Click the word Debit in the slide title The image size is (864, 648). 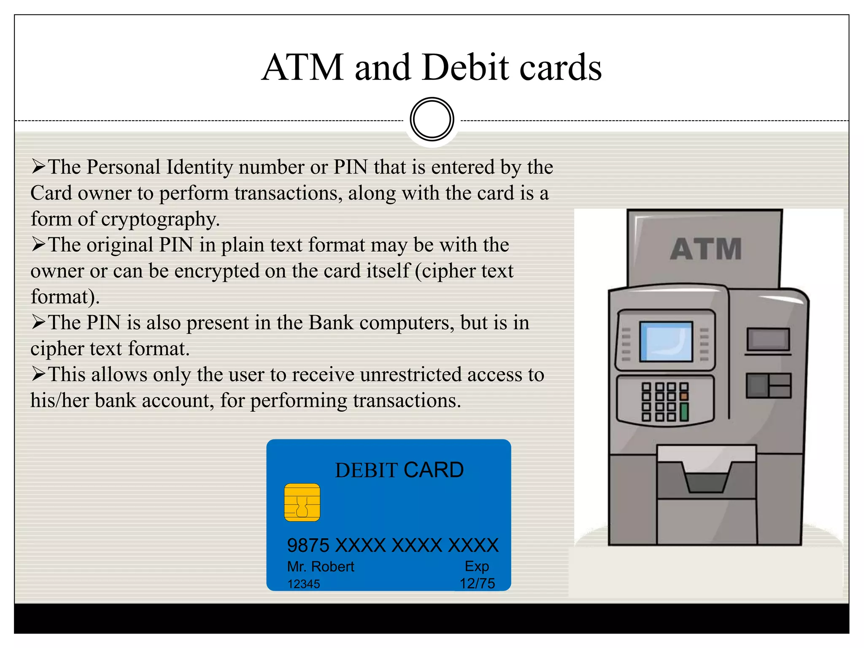pyautogui.click(x=466, y=67)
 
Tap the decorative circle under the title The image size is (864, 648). pyautogui.click(x=432, y=119)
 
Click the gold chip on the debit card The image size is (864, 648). pyautogui.click(x=302, y=502)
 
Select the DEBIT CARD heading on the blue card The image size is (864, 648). pyautogui.click(x=399, y=470)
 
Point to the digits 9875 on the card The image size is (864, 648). pyautogui.click(x=308, y=545)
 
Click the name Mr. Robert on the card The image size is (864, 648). pyautogui.click(x=321, y=567)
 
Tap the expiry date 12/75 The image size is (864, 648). pyautogui.click(x=477, y=583)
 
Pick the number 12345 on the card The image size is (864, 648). pyautogui.click(x=304, y=584)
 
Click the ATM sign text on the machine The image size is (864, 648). pyautogui.click(x=706, y=249)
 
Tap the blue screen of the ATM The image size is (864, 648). pyautogui.click(x=666, y=341)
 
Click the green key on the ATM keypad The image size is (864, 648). pyautogui.click(x=684, y=412)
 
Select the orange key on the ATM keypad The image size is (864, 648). pyautogui.click(x=684, y=397)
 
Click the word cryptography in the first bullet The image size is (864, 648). pyautogui.click(x=160, y=219)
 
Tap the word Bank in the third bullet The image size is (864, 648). pyautogui.click(x=331, y=323)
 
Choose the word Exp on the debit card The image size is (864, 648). pyautogui.click(x=477, y=566)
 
